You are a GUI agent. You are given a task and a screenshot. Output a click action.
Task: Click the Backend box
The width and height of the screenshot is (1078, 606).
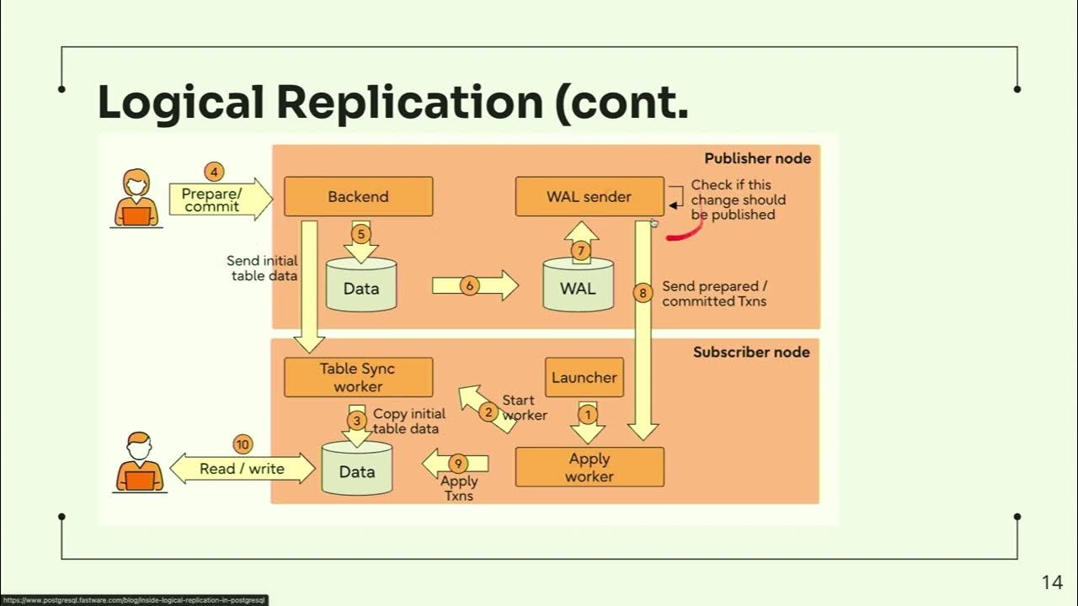click(358, 197)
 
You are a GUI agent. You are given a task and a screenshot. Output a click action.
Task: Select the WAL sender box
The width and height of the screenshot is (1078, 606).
click(589, 197)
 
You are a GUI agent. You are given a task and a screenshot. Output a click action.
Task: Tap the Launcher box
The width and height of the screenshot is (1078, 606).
click(584, 378)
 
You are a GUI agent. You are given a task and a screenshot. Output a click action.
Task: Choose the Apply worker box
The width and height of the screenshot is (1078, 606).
click(589, 467)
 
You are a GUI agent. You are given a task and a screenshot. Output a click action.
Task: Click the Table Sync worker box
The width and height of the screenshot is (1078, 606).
click(358, 377)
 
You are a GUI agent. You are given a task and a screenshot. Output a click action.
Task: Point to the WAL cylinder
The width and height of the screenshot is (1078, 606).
click(578, 286)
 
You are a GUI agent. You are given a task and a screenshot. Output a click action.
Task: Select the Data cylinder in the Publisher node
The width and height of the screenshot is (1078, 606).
click(360, 286)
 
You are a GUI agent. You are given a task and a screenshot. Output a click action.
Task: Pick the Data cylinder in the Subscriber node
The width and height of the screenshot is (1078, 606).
click(357, 470)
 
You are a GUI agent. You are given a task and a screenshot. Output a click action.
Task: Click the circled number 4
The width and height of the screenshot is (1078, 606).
click(214, 172)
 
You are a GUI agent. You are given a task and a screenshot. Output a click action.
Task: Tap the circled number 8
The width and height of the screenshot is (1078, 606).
click(643, 293)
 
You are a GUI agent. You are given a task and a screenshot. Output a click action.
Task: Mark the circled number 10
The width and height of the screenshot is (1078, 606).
click(243, 444)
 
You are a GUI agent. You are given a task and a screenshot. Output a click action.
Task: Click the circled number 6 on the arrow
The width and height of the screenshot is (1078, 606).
click(470, 286)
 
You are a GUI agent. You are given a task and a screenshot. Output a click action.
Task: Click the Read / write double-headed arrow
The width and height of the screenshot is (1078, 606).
click(243, 469)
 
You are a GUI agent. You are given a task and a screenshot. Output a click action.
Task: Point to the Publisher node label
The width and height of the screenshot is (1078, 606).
click(757, 158)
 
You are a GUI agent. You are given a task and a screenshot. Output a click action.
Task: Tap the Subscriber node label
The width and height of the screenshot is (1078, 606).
click(750, 352)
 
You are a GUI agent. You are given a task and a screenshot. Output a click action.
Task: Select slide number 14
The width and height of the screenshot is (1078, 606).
click(1052, 582)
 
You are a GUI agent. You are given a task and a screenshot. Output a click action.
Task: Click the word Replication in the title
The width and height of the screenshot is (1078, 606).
click(409, 103)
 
